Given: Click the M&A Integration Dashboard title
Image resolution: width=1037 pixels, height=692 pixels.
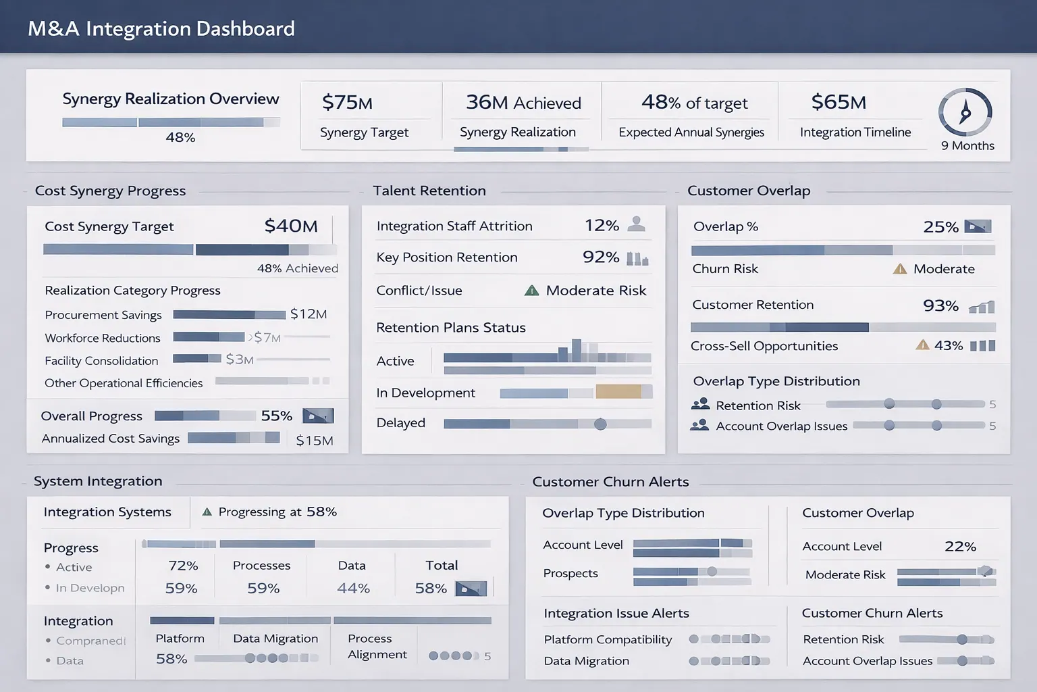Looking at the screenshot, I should (161, 28).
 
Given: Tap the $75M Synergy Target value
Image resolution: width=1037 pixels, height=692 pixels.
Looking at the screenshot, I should (347, 103).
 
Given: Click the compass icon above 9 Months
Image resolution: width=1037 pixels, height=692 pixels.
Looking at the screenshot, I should (965, 112).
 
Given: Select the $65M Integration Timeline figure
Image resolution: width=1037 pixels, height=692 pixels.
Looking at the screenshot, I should (839, 102).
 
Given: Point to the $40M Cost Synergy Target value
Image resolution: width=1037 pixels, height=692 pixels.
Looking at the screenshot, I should (290, 226).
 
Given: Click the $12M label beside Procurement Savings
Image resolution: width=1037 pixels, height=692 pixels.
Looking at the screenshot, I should (309, 314).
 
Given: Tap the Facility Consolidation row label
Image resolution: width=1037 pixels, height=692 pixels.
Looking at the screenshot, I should (101, 361).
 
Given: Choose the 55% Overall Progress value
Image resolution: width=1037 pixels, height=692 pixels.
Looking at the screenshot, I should (276, 416).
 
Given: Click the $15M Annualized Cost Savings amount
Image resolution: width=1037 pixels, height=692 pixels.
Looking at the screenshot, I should (314, 441).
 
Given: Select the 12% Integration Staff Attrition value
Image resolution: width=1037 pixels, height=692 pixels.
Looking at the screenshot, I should (602, 226).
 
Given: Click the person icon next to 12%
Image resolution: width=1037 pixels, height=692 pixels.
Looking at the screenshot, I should (636, 224).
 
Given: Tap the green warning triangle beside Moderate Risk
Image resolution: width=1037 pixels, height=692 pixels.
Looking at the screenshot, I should (532, 291).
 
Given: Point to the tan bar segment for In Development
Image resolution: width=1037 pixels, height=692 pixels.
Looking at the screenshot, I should (618, 391).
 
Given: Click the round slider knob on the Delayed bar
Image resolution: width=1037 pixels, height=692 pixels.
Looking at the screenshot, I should (600, 424).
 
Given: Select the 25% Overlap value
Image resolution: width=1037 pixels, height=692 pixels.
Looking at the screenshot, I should (940, 227).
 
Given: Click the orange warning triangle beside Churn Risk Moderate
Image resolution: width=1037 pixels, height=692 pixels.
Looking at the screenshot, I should (899, 269).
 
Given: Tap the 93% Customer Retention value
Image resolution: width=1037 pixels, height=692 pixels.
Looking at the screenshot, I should (940, 305).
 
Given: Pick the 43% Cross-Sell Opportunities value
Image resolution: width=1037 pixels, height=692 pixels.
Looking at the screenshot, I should (948, 345).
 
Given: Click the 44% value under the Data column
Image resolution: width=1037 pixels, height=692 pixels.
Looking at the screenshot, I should (353, 589).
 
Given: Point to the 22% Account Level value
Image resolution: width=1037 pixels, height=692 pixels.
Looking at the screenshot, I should (960, 546).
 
